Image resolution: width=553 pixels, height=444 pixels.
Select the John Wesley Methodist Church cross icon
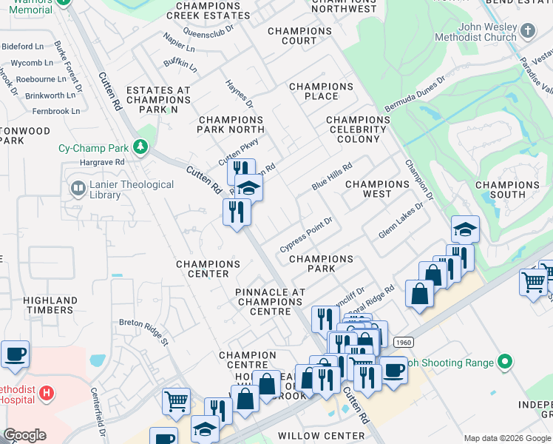coord(527,31)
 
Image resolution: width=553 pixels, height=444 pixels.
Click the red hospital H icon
coord(47,393)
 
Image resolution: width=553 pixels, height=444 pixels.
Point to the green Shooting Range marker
coord(505,363)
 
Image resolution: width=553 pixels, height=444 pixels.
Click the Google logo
coord(24,436)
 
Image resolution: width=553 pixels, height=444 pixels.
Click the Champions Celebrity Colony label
coord(357,129)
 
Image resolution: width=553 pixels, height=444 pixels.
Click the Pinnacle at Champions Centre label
coord(271,297)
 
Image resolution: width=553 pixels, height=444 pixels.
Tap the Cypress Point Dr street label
coord(307,235)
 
